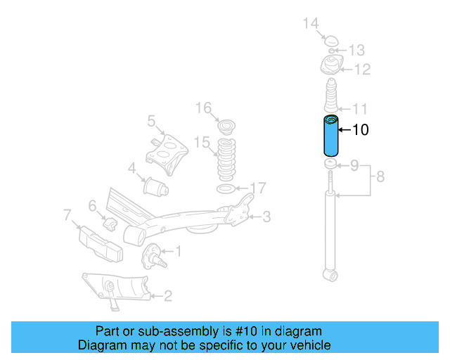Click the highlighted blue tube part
330,137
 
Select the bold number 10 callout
359,129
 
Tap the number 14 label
311,24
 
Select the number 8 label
380,177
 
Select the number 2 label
167,296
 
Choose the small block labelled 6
111,224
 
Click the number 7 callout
67,214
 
